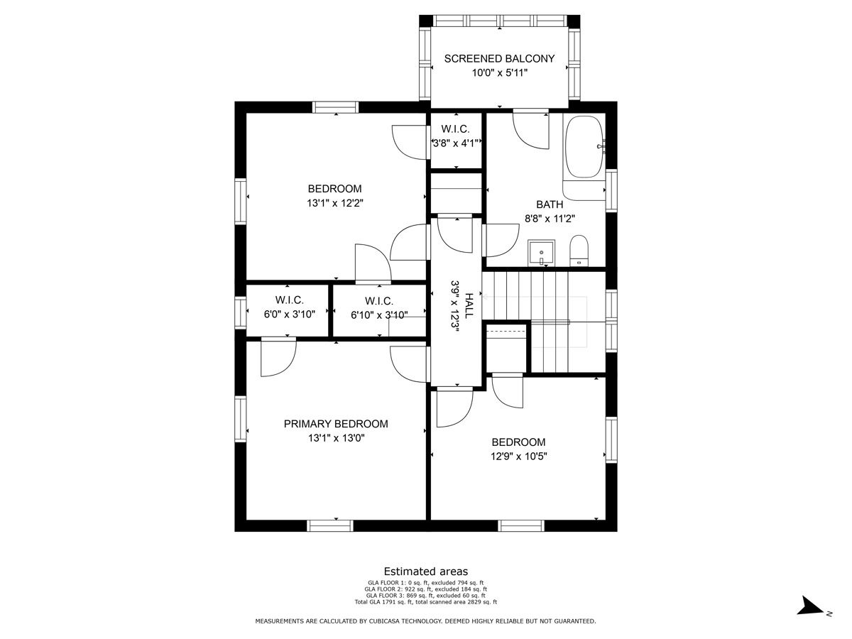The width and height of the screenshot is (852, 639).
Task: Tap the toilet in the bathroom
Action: (579, 251)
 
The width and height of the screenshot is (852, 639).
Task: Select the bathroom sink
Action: (541, 253)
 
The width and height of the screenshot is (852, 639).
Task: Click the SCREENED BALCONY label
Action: (499, 59)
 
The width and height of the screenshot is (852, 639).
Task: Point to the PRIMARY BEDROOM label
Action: (336, 424)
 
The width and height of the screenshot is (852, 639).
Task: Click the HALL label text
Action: (469, 306)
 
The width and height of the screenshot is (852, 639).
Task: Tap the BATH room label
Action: (550, 204)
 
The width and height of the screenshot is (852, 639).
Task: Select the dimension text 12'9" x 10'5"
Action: (518, 457)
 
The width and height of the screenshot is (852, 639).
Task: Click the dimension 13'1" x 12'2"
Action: (335, 203)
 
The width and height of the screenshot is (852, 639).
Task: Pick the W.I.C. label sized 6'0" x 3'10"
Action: (289, 300)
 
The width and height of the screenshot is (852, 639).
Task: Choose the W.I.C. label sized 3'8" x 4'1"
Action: (455, 129)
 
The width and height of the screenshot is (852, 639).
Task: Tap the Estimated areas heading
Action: (426, 572)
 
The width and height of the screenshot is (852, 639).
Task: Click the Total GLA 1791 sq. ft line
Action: (426, 602)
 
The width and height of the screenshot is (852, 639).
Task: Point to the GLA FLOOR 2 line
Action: (426, 589)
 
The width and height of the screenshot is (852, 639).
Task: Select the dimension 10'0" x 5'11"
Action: (500, 73)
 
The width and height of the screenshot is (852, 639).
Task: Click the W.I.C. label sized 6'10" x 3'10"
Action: (379, 301)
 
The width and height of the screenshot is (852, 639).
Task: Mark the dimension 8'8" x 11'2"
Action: (550, 219)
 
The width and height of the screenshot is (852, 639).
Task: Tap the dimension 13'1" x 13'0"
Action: (336, 438)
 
